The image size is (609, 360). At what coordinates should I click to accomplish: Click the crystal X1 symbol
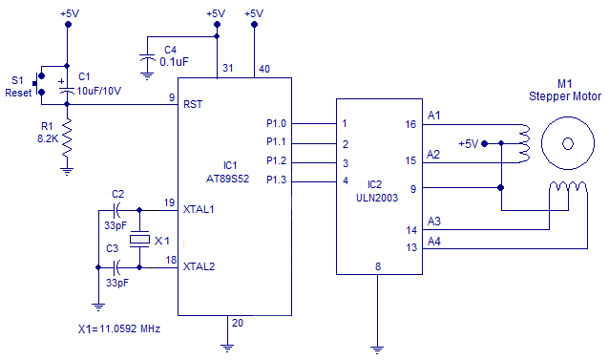140,239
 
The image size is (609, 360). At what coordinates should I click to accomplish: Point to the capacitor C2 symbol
117,209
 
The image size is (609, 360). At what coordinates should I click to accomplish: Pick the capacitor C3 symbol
117,266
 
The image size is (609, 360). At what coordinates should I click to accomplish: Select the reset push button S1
40,81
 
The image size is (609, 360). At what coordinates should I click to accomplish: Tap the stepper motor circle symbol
567,143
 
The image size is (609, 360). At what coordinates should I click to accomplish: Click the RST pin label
193,104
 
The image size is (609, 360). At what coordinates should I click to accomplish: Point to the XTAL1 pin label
199,209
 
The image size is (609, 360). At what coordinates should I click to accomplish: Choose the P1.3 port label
276,180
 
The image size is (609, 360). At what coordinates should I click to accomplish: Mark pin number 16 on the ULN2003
410,123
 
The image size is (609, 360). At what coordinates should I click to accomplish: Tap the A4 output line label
434,241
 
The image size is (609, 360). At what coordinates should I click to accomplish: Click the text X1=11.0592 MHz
119,328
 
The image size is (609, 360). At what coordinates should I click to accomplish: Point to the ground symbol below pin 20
229,345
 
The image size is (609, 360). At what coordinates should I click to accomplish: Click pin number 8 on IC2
378,266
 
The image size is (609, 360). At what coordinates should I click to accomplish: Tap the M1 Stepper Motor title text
567,89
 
